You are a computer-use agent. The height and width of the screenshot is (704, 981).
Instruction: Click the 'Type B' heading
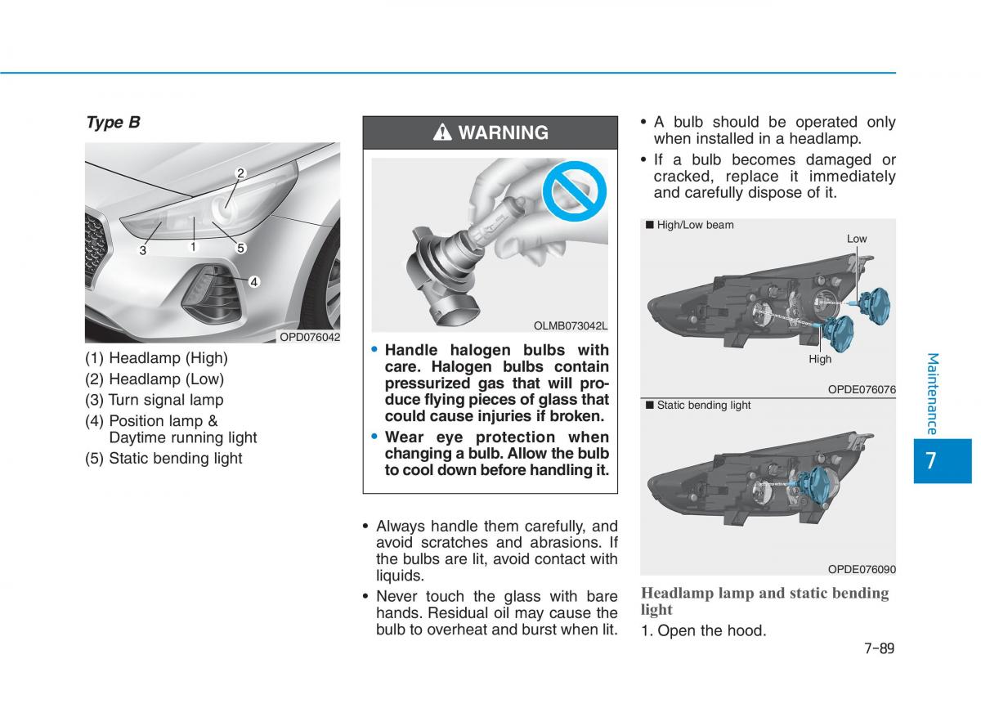point(113,122)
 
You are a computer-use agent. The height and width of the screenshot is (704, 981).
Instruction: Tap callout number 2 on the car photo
point(240,173)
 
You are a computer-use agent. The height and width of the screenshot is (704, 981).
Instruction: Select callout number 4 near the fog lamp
point(254,282)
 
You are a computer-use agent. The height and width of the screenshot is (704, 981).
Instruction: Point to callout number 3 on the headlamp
point(143,250)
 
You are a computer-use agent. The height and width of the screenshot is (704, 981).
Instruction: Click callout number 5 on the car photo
point(240,248)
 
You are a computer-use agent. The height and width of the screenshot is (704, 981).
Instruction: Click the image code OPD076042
point(310,337)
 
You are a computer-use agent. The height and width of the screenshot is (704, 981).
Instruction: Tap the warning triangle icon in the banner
point(442,132)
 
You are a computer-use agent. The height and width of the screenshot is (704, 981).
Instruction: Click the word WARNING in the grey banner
point(504,132)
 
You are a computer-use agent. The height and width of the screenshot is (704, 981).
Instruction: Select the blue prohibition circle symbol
point(574,191)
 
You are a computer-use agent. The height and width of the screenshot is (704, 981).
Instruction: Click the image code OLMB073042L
point(571,326)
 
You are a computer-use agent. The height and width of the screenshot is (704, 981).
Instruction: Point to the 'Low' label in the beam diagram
point(857,239)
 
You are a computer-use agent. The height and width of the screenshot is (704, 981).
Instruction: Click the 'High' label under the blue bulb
point(820,359)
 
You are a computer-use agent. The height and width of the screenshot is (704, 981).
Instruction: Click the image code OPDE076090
point(862,569)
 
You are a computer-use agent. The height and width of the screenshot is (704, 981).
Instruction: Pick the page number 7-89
point(880,648)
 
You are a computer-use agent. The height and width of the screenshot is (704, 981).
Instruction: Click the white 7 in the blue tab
point(931,460)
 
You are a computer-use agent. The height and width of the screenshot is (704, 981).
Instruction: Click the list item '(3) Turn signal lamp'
point(155,400)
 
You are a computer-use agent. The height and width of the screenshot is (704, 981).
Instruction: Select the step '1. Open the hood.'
point(704,630)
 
